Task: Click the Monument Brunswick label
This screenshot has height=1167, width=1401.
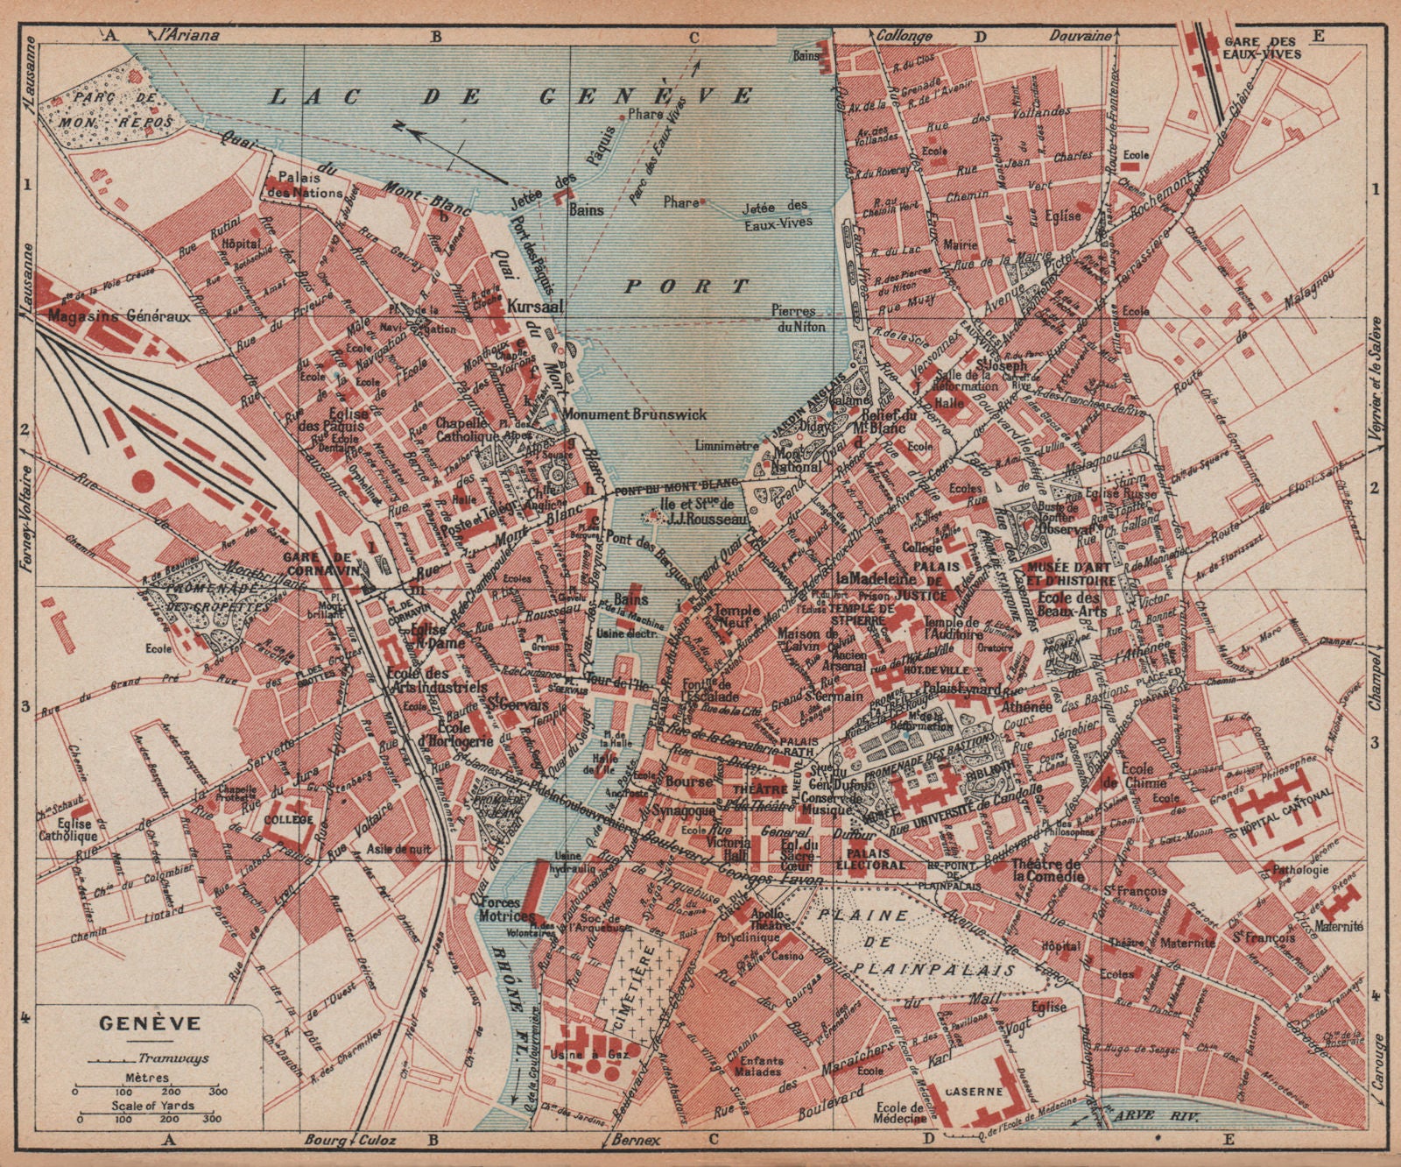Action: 634,414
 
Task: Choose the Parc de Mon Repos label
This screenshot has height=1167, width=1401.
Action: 114,109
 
